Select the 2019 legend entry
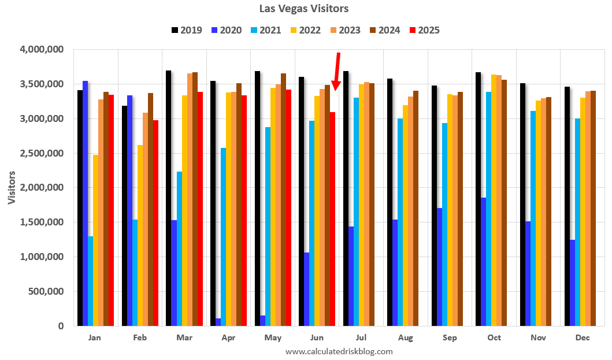point(187,30)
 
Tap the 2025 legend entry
point(424,30)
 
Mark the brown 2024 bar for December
point(593,208)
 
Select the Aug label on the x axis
point(405,337)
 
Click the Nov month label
point(538,337)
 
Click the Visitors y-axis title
point(12,187)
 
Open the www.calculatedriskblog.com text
point(339,351)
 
